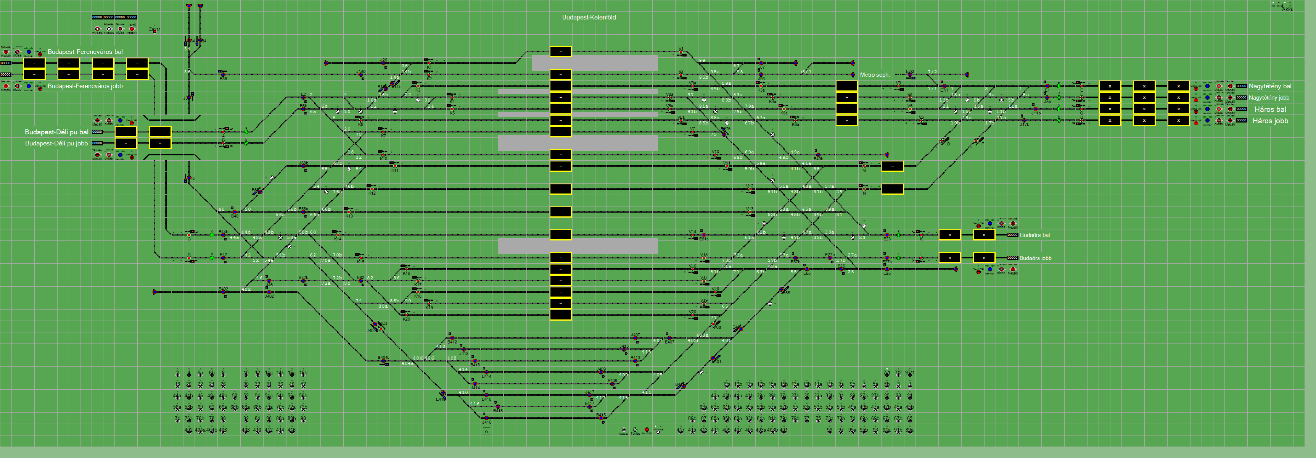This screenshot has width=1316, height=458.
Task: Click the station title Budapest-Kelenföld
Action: click(x=589, y=18)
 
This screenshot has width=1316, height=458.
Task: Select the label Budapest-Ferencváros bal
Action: click(x=85, y=52)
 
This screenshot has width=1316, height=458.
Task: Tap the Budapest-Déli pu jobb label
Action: click(x=56, y=144)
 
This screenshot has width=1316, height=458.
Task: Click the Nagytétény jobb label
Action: click(x=1269, y=98)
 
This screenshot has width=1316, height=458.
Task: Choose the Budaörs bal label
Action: click(x=1034, y=235)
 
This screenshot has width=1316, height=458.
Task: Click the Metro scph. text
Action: click(x=875, y=75)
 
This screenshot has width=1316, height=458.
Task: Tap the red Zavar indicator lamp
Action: click(x=154, y=32)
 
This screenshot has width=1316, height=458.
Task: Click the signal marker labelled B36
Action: click(x=223, y=75)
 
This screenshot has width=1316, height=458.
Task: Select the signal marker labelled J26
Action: click(x=384, y=63)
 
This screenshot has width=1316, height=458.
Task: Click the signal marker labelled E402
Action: click(x=223, y=292)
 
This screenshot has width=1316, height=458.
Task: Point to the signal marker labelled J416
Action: click(x=486, y=418)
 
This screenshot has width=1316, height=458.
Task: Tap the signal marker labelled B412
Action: click(x=452, y=338)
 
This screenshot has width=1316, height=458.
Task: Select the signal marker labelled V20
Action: click(x=692, y=315)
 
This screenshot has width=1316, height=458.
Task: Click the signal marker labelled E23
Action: click(x=887, y=235)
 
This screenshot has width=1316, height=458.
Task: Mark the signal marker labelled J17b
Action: click(x=1024, y=121)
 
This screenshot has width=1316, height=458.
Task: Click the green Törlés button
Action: click(x=635, y=430)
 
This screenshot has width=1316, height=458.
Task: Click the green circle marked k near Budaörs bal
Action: click(x=899, y=235)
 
